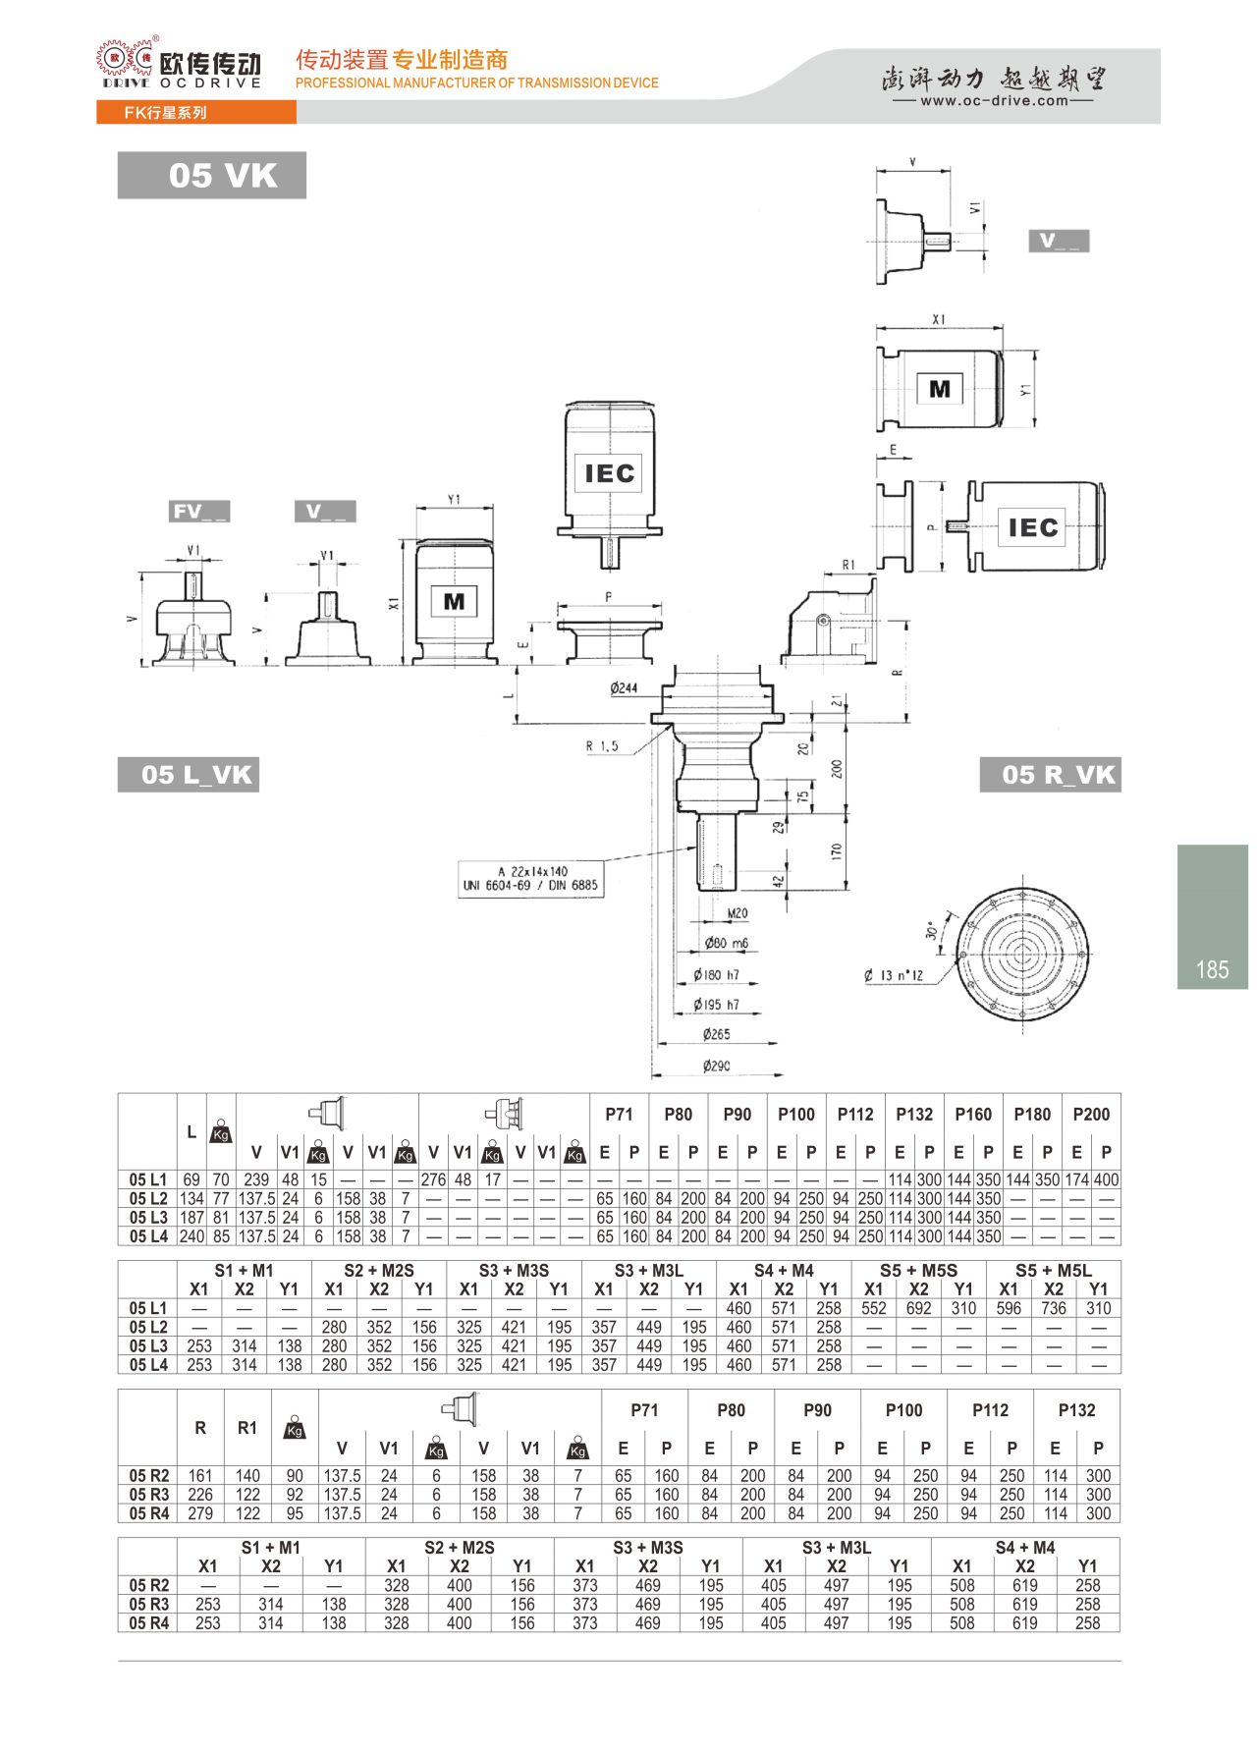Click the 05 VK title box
(211, 176)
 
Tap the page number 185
(1212, 970)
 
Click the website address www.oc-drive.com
(993, 100)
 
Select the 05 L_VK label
(189, 775)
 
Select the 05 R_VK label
(1051, 775)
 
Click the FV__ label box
(198, 512)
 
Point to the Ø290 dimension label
(716, 1066)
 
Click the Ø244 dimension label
(623, 687)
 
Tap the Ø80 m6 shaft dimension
(726, 943)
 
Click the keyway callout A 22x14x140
(530, 878)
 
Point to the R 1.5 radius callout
(602, 746)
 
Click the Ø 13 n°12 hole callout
(893, 975)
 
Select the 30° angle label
(931, 929)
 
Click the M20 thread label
(737, 913)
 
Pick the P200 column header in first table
(1091, 1115)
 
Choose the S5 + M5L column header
(1053, 1271)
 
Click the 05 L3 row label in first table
(148, 1218)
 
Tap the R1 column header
(247, 1428)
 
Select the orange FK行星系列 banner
(195, 113)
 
